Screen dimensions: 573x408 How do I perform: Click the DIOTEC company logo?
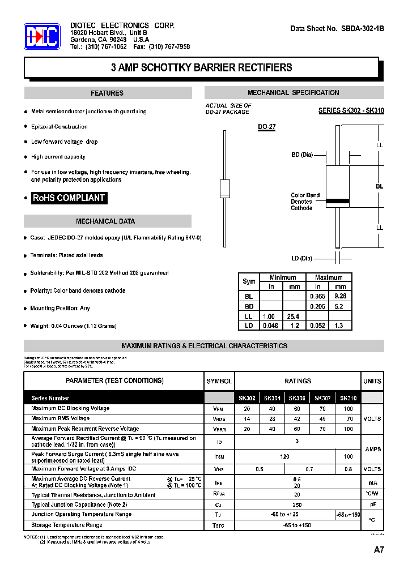[x=42, y=37]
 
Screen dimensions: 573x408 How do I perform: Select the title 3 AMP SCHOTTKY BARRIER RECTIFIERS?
[x=201, y=67]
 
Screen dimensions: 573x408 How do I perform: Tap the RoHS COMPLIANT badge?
[x=69, y=198]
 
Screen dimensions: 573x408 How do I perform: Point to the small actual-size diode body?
[x=224, y=187]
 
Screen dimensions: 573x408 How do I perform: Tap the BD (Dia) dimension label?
[x=301, y=155]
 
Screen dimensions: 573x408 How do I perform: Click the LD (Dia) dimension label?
[x=301, y=258]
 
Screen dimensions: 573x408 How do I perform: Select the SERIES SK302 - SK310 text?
[x=351, y=111]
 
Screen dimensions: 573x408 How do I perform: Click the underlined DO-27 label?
[x=266, y=127]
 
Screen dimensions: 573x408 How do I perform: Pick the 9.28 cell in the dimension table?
[x=340, y=296]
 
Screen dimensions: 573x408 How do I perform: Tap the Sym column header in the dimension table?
[x=249, y=281]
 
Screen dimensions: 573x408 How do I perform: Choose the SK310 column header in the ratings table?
[x=348, y=398]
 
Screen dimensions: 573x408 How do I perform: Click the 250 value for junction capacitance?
[x=297, y=504]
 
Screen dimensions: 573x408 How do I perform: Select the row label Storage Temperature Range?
[x=67, y=525]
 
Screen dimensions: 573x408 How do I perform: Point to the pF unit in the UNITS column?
[x=372, y=504]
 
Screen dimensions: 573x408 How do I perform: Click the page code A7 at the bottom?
[x=379, y=549]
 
